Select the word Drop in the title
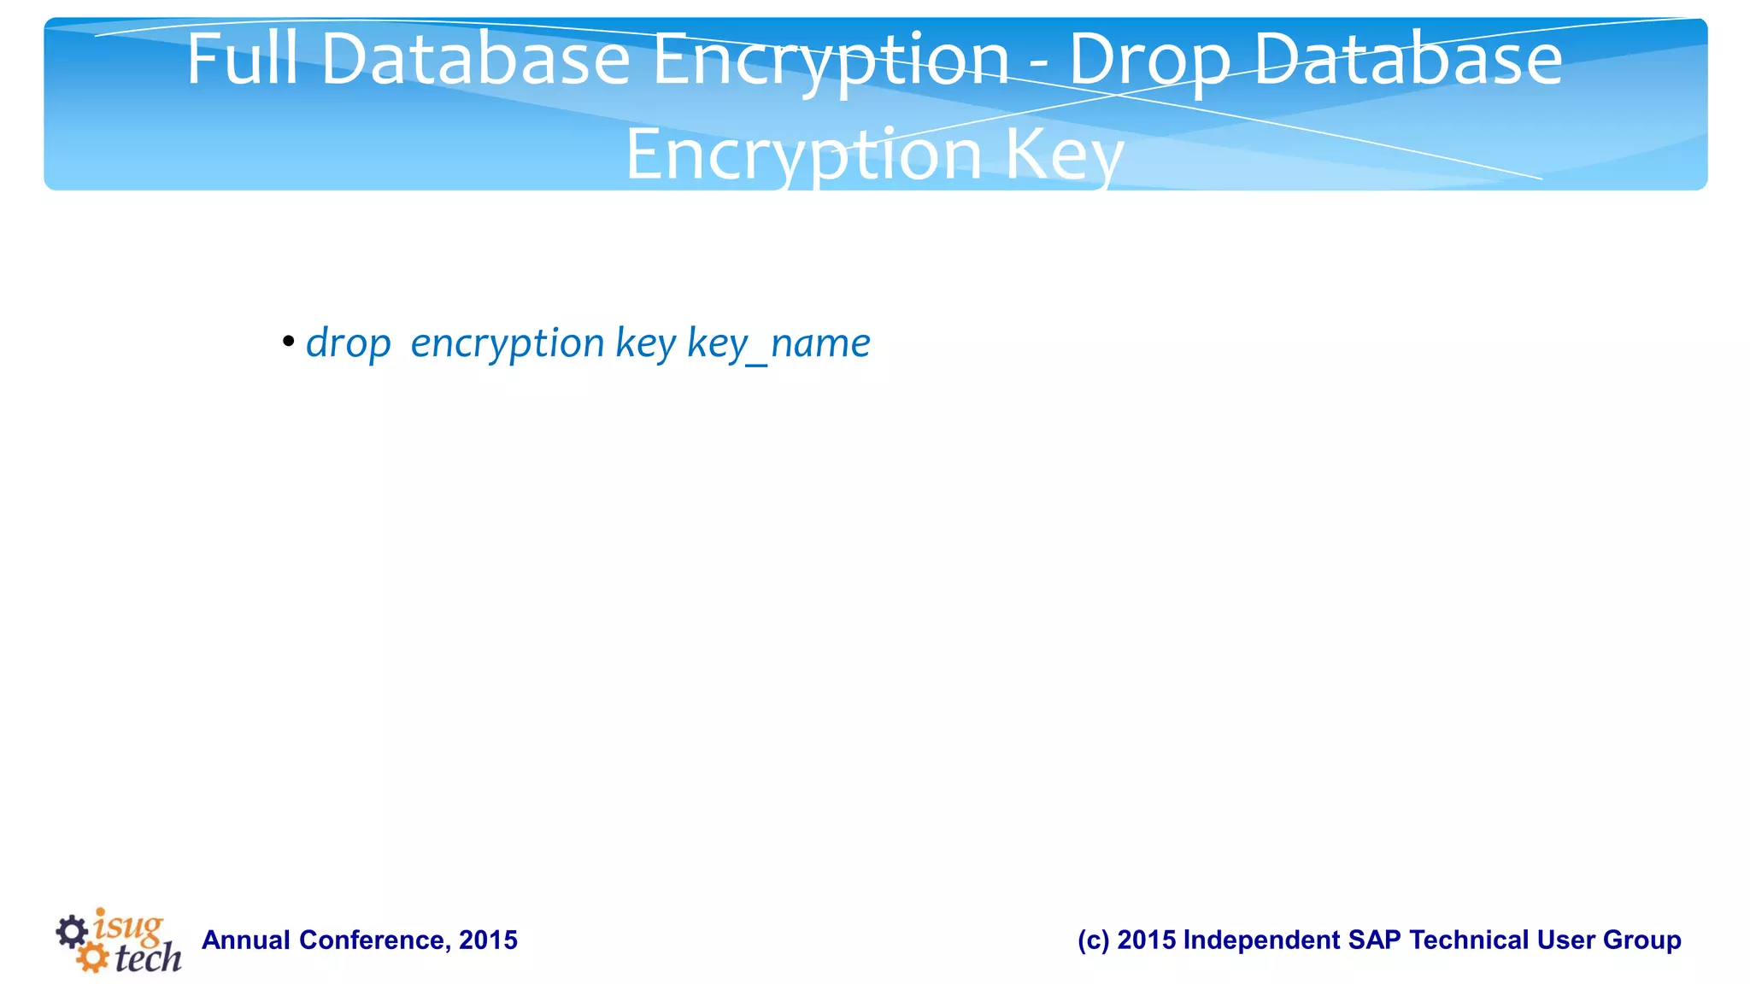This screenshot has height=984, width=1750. pos(1149,60)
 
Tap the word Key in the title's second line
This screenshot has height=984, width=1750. pos(1064,155)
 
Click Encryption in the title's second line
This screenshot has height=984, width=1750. pos(803,155)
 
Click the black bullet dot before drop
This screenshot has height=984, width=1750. pos(289,343)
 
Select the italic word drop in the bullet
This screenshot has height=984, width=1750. pos(348,343)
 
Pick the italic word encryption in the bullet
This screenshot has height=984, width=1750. pos(508,343)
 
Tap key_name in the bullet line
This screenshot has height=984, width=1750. pos(778,343)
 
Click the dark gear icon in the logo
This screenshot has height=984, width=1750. pos(72,932)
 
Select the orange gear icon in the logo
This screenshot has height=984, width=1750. pos(91,958)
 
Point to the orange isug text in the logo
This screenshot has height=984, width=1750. pos(128,926)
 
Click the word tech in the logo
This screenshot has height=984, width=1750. pos(148,958)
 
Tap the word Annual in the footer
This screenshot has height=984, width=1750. pos(246,940)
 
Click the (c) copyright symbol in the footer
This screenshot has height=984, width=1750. pos(1093,940)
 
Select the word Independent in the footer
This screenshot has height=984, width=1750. pos(1261,940)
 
